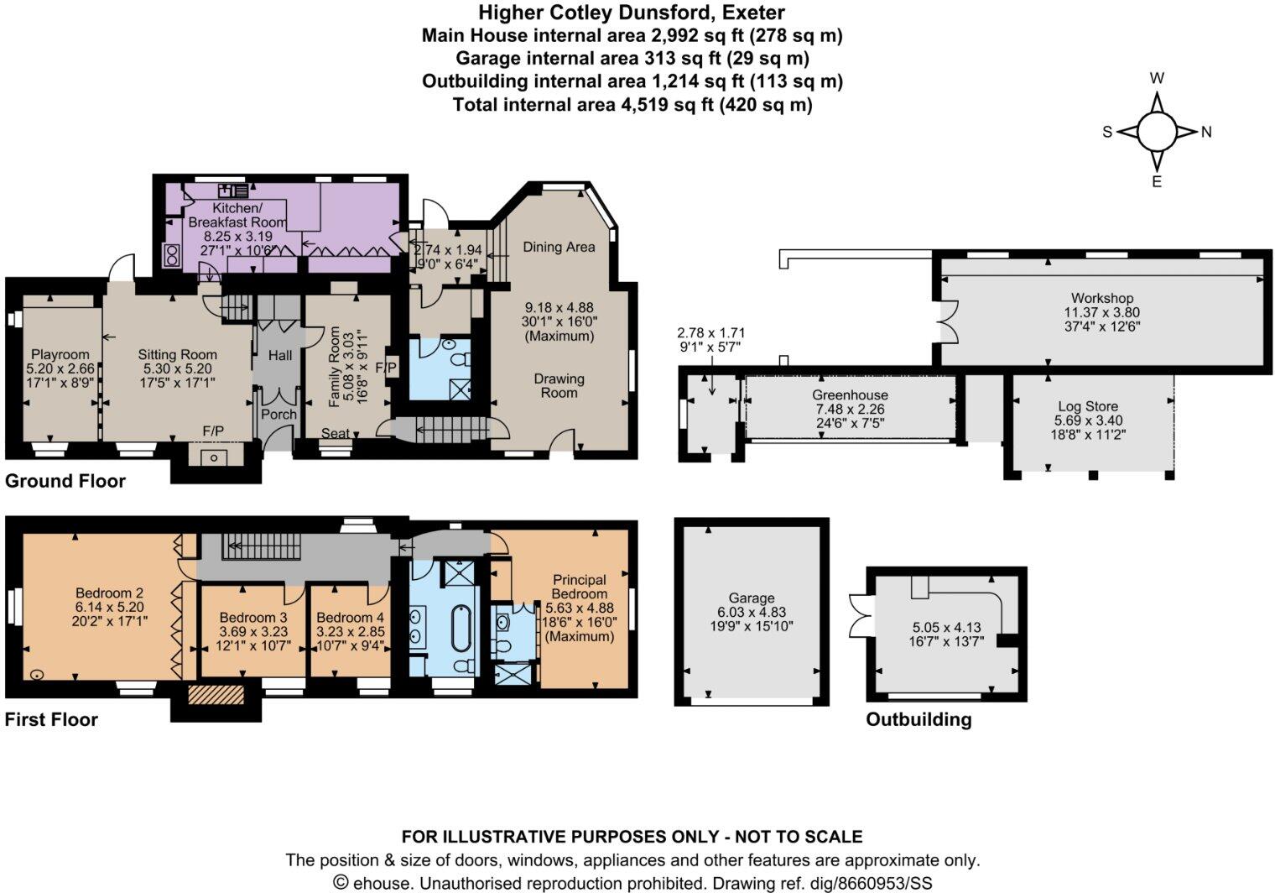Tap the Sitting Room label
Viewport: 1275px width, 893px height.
[177, 354]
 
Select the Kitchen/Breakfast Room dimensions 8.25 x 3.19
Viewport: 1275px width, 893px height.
[237, 237]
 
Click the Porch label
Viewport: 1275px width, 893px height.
[278, 414]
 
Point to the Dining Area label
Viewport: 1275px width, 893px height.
[559, 247]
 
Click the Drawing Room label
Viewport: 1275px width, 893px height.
[559, 385]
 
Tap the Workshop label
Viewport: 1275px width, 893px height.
[1101, 298]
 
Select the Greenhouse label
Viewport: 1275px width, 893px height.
[850, 394]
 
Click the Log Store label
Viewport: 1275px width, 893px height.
[1088, 406]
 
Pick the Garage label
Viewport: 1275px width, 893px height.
[751, 598]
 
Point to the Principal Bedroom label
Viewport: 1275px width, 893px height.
[580, 587]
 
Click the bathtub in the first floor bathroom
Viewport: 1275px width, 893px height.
[461, 630]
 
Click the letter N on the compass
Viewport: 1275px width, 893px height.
[1206, 132]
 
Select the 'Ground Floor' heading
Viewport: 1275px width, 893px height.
[65, 481]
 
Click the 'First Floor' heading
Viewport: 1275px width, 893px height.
[51, 719]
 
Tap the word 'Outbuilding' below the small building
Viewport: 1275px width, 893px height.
[919, 719]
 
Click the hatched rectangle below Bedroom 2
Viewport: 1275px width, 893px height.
[215, 696]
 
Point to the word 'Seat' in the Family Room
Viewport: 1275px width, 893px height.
[336, 433]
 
